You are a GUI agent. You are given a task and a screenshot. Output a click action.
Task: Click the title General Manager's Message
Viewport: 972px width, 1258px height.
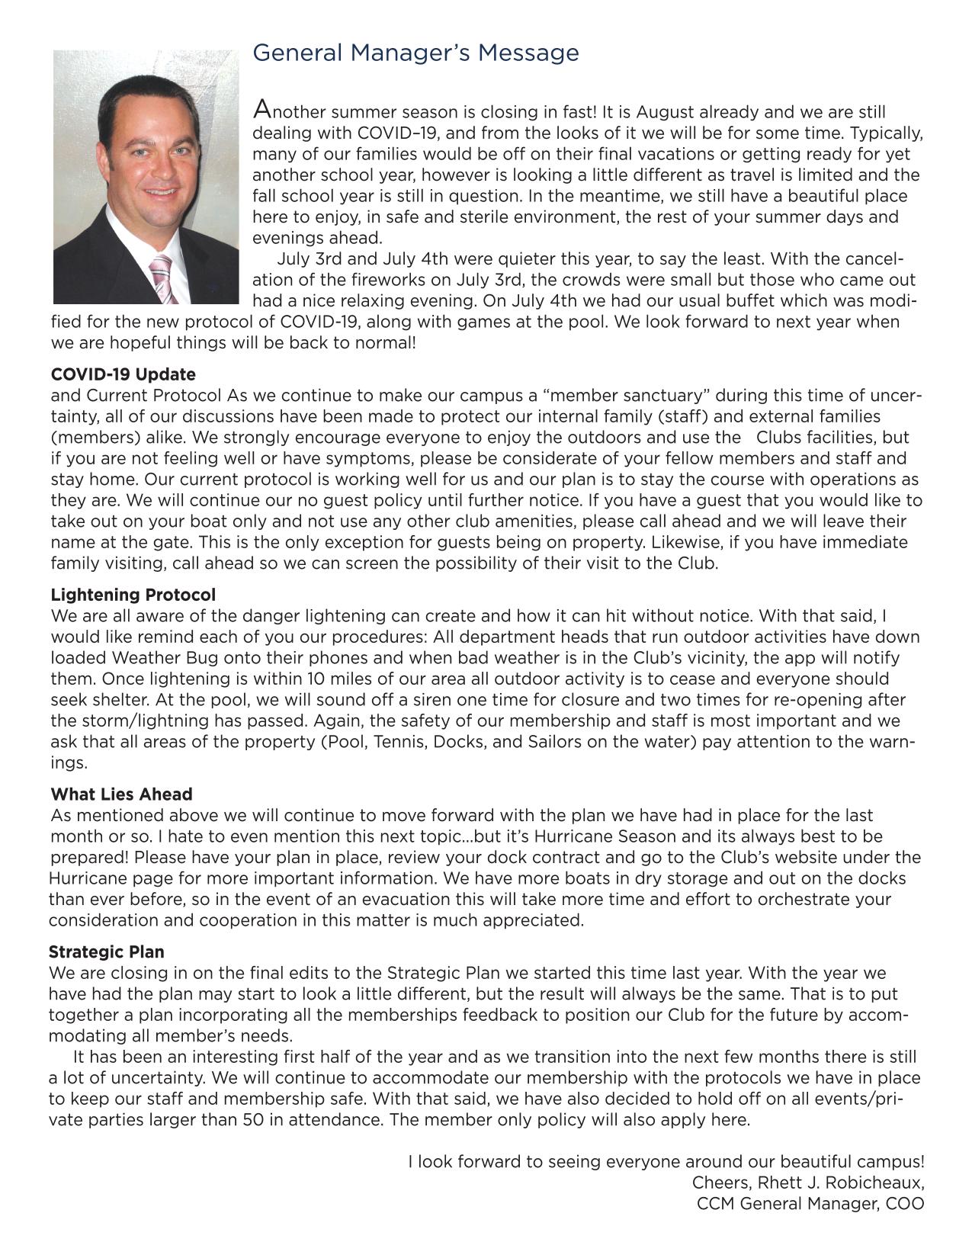(415, 53)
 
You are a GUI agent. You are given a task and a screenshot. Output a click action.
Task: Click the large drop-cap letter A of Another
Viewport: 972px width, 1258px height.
(261, 109)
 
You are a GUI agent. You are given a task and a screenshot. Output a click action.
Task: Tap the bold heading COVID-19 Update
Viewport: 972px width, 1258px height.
(123, 374)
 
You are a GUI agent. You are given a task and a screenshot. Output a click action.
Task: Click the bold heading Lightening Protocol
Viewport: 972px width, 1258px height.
(133, 594)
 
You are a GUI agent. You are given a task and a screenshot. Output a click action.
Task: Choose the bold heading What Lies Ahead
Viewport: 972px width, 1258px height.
(121, 794)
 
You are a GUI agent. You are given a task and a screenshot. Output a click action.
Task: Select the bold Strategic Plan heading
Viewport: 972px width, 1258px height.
(106, 952)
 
